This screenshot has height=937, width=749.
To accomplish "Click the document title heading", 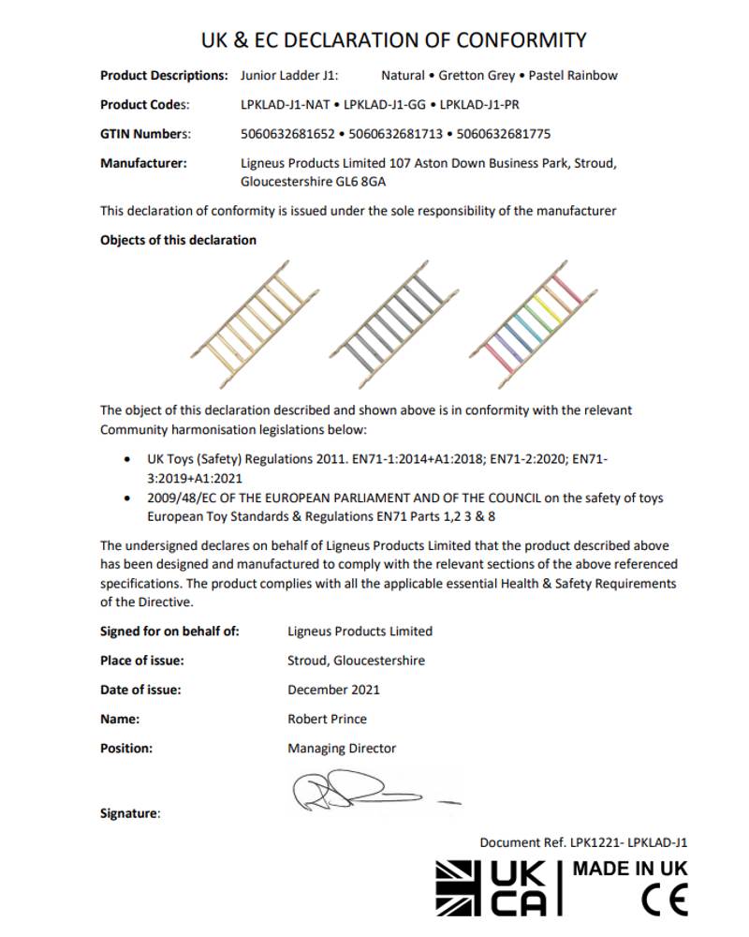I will (394, 40).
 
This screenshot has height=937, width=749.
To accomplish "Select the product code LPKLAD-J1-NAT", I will (283, 104).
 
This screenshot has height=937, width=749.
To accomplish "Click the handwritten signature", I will (370, 793).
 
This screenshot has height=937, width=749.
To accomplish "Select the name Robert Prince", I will (327, 719).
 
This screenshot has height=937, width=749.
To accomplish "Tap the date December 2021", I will (333, 690).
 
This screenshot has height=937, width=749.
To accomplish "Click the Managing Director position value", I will (342, 748).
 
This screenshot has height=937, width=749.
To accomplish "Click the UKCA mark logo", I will (524, 887).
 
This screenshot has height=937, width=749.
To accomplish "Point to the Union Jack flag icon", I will (462, 887).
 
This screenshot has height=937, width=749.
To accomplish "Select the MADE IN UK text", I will (629, 868).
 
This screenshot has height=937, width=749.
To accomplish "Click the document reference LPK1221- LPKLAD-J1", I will (583, 842).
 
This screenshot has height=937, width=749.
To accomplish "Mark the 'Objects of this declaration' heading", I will (178, 240).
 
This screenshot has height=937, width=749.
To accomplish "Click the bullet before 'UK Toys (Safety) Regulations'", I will (127, 460).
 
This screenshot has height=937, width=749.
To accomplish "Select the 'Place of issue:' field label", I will (142, 661).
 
